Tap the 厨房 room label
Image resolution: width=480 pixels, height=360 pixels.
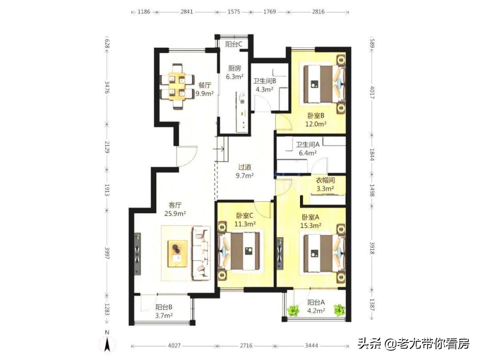point(234,68)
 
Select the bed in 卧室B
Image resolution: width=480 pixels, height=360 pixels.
point(324,84)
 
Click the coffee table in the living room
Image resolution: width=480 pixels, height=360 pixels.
point(177,254)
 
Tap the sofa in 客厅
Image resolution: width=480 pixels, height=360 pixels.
point(201,253)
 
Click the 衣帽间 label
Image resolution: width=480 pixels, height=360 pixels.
point(325,180)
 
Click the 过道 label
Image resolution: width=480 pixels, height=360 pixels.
point(245,168)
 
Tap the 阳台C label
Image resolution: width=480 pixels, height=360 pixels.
point(233,44)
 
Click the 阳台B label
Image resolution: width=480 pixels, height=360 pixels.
point(164,307)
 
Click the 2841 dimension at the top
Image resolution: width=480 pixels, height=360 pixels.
point(187,12)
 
